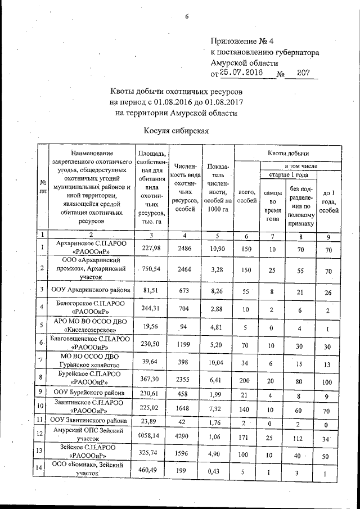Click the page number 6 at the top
(x=186, y=16)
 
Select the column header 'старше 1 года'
(x=287, y=175)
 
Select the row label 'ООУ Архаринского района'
(x=91, y=290)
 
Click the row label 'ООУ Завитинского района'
(x=91, y=420)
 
